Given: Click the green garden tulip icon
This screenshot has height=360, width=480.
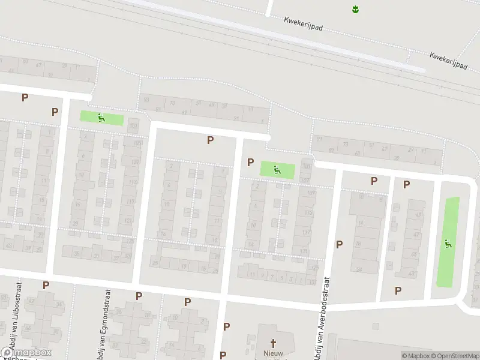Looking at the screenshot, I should click(355, 9).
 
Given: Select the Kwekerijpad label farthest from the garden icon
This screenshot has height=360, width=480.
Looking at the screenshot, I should click(448, 61).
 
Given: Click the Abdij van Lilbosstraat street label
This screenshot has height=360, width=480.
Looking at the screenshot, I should click(18, 312).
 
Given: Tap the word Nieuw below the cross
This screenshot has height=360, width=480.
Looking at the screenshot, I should click(274, 353).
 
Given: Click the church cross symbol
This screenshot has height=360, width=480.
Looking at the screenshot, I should click(274, 344).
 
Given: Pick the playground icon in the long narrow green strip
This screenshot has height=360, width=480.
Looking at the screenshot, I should click(448, 244).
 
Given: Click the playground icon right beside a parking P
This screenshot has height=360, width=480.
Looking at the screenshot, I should click(277, 170).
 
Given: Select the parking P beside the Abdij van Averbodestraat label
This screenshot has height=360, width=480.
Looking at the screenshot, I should click(340, 244).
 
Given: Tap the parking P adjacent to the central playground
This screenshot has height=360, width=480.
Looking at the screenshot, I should click(250, 163).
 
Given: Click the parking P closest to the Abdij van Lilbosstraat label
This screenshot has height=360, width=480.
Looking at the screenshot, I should click(46, 285).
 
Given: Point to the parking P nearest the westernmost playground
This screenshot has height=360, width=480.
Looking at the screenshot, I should click(55, 112).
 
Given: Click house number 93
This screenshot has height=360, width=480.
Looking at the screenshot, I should click(146, 100).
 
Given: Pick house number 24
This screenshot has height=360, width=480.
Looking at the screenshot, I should click(359, 269).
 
